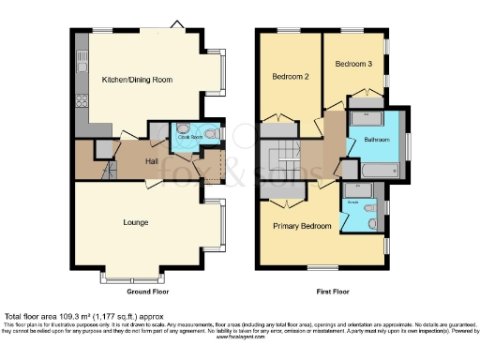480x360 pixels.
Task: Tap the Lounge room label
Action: pos(137,222)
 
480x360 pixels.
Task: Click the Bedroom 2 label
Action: pos(291,75)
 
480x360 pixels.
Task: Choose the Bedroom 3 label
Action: pos(352,64)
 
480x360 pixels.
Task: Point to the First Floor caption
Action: pos(328,292)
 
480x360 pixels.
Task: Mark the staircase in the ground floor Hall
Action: pos(109,171)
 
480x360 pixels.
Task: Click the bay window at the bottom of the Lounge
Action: pos(137,278)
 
